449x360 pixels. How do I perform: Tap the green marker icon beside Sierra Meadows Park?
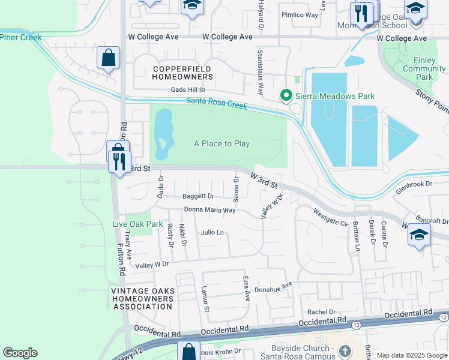click(x=287, y=95)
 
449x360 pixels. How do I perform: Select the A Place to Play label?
click(x=221, y=143)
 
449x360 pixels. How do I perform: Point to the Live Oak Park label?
click(x=138, y=224)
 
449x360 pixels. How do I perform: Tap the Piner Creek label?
click(x=20, y=37)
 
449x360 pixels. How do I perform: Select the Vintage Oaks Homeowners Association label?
click(x=143, y=299)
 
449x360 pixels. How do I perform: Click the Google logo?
click(x=20, y=353)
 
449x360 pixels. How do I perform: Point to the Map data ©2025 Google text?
click(x=411, y=355)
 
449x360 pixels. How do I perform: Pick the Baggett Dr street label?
click(x=198, y=196)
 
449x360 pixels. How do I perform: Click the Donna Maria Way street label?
click(x=209, y=210)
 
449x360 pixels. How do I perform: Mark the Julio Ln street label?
click(x=212, y=232)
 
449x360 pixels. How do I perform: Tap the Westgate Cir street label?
click(x=331, y=217)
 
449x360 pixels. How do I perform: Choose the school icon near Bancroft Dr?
click(x=419, y=235)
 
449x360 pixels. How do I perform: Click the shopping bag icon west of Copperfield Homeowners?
click(x=109, y=58)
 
